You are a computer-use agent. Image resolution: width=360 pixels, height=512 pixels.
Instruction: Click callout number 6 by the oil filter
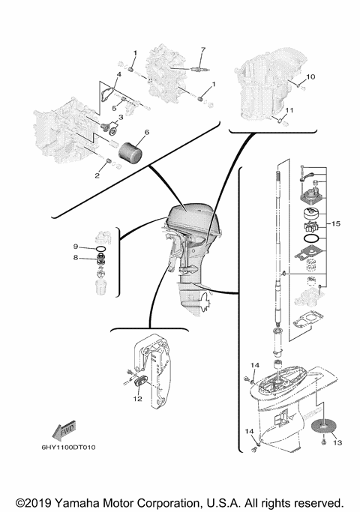pyautogui.click(x=147, y=133)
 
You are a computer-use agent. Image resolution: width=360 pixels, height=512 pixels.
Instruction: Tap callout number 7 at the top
pyautogui.click(x=202, y=50)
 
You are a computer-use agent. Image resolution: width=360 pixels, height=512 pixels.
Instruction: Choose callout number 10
pyautogui.click(x=312, y=76)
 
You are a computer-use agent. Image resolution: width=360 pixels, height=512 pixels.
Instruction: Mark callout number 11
pyautogui.click(x=290, y=111)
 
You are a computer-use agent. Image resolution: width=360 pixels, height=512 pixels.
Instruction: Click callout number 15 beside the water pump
pyautogui.click(x=336, y=223)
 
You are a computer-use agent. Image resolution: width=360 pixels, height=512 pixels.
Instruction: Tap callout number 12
pyautogui.click(x=136, y=399)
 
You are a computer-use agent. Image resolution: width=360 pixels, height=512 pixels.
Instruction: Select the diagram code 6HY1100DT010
pyautogui.click(x=71, y=448)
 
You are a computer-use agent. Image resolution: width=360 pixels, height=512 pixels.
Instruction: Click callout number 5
pyautogui.click(x=114, y=108)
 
